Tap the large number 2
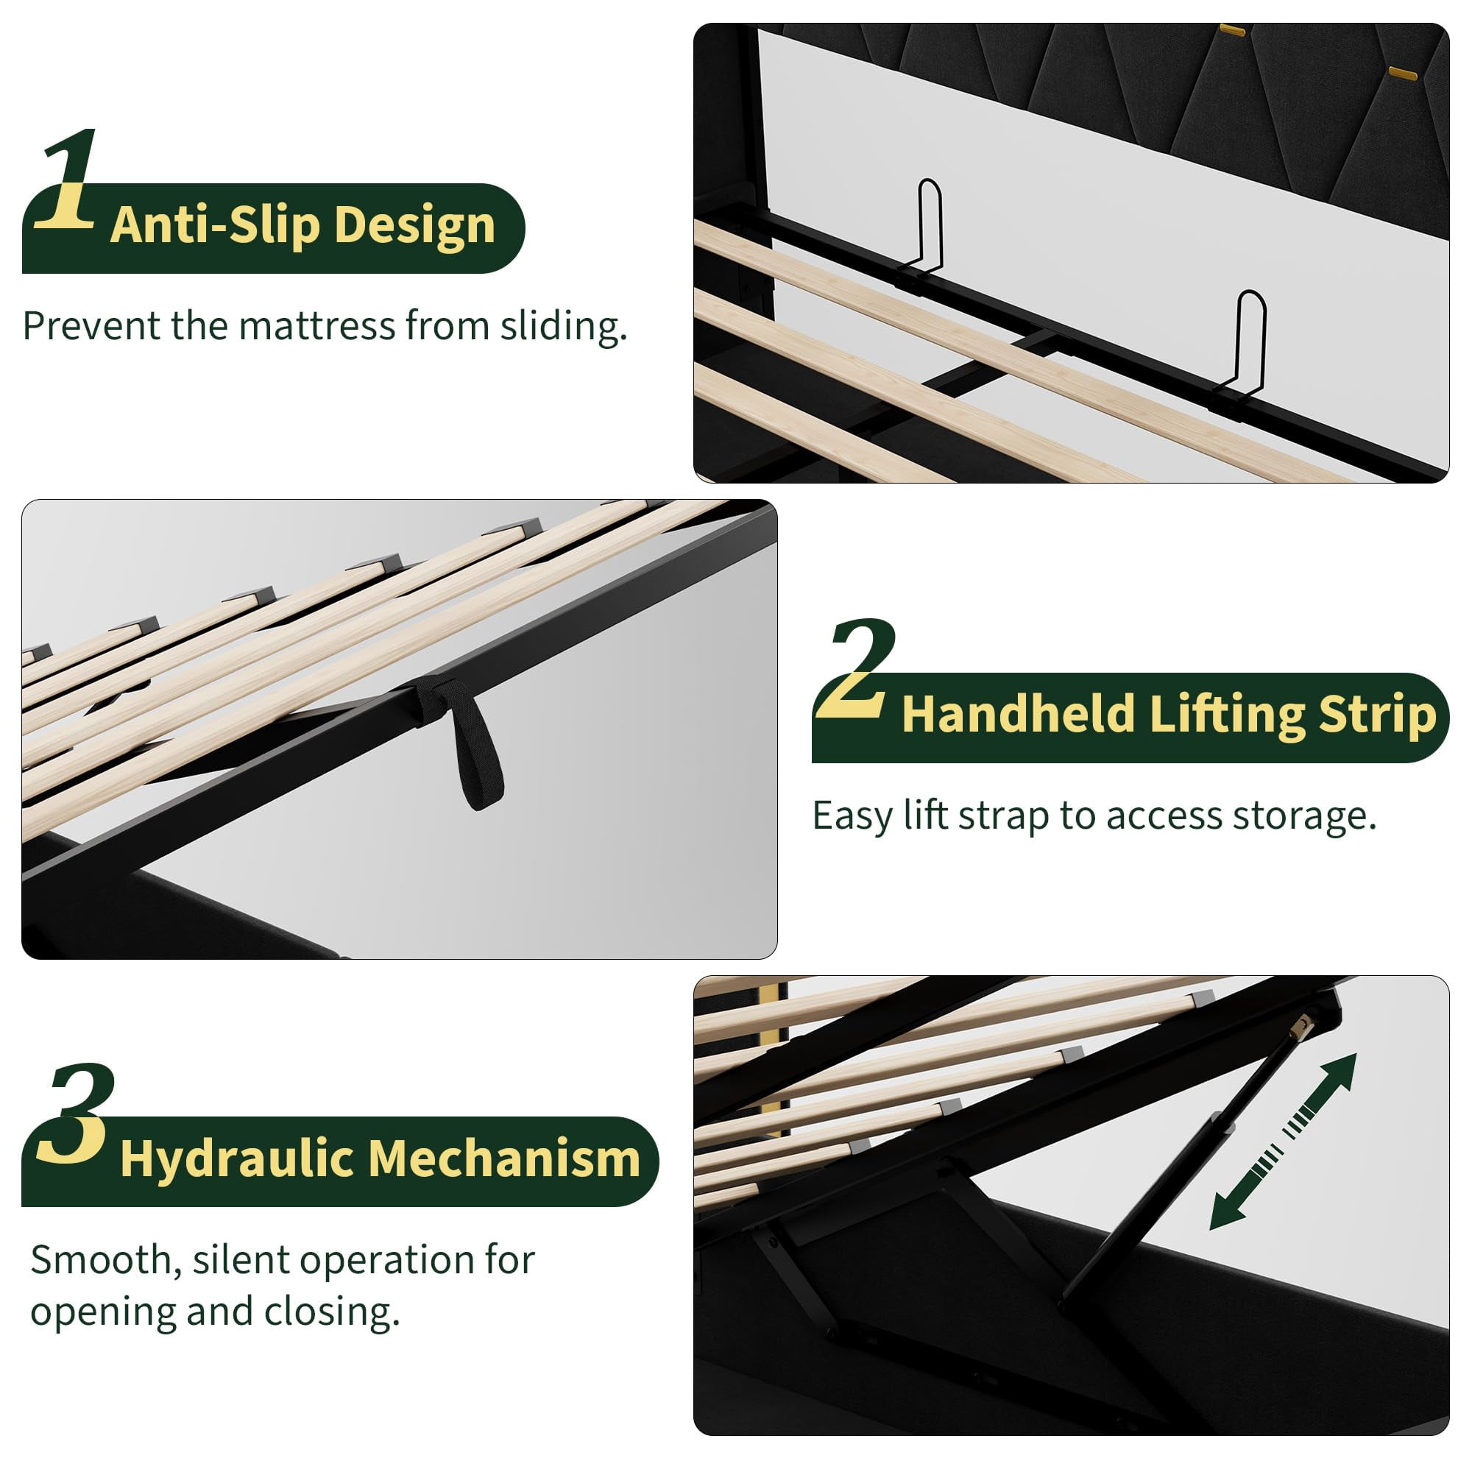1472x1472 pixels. click(x=854, y=669)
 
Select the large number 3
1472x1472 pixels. click(x=77, y=1114)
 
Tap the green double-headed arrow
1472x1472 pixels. click(x=1284, y=1141)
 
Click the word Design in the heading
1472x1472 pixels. click(x=414, y=227)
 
